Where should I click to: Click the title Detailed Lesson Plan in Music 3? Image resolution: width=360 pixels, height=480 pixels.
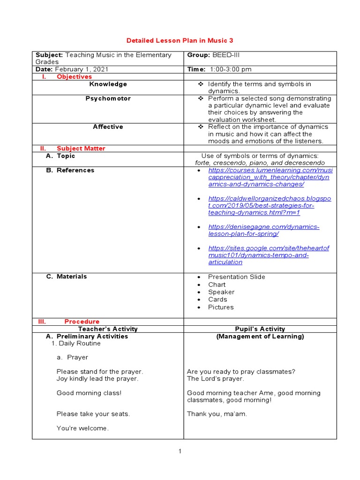[x=180, y=41]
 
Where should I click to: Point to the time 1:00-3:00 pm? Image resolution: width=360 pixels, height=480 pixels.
[x=231, y=69]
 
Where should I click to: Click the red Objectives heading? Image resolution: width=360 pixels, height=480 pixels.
[x=74, y=77]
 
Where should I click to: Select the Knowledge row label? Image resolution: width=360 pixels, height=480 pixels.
[x=108, y=84]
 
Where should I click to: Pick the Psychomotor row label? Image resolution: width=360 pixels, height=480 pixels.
[x=108, y=99]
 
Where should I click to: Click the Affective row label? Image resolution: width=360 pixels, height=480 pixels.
[x=108, y=127]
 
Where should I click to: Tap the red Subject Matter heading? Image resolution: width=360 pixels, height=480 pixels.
[x=81, y=149]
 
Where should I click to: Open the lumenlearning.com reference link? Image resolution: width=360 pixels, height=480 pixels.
[x=270, y=177]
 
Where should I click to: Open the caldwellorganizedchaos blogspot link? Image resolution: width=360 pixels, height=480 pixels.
[x=269, y=206]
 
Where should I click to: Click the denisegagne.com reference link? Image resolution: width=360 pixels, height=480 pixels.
[x=263, y=230]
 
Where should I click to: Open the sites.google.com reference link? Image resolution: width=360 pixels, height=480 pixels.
[x=269, y=255]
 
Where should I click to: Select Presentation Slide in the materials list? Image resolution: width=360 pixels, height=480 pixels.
[x=236, y=277]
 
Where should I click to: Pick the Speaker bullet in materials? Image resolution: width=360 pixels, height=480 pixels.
[x=221, y=292]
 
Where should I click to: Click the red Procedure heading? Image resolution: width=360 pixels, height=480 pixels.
[x=82, y=322]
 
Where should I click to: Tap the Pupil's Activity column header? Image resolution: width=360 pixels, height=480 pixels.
[x=260, y=329]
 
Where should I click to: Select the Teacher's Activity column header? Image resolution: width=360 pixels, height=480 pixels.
[x=108, y=329]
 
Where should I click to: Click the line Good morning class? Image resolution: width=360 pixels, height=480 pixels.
[x=89, y=393]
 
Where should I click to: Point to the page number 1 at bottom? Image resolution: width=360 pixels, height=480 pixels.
[x=180, y=451]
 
